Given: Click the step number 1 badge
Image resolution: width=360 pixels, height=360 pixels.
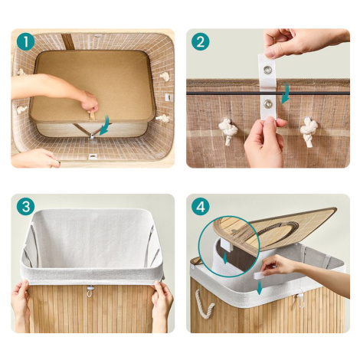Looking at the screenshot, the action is click(26, 42).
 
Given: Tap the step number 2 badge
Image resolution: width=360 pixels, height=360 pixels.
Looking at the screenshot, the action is click(201, 42).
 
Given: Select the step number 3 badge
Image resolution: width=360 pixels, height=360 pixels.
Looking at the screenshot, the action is click(26, 207).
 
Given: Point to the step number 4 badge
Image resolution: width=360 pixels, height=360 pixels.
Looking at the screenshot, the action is click(201, 207).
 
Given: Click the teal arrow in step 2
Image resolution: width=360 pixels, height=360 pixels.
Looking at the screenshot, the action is click(286, 93).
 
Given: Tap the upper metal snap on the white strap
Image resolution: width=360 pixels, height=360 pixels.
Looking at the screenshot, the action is click(268, 70).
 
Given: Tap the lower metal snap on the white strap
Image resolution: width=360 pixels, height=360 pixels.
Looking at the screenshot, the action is click(268, 103).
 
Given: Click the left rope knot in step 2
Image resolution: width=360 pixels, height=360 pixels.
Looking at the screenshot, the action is click(228, 131).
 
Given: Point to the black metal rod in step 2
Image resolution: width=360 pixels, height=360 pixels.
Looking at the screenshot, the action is click(268, 93).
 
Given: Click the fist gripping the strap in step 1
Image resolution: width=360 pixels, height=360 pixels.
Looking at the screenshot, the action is click(89, 102).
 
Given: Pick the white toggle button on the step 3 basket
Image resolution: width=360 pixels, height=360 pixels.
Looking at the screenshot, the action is click(90, 290).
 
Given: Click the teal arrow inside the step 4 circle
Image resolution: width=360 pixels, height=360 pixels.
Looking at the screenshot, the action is click(225, 258).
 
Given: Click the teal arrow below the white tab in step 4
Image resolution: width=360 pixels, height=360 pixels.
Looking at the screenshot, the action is click(260, 287).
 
